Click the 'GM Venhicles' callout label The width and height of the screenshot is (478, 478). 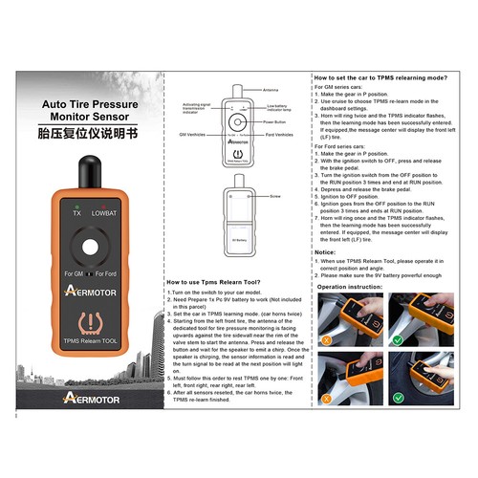[196, 137]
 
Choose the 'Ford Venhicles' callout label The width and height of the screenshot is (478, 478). [279, 137]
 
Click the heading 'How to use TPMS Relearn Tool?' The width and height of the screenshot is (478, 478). [212, 282]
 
